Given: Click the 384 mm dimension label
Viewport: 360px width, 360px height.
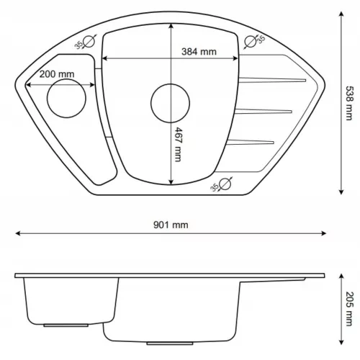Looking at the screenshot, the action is point(199,52).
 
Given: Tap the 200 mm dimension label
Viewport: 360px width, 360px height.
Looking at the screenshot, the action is point(57,74).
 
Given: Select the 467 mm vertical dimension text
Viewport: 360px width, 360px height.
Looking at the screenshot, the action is point(178,145).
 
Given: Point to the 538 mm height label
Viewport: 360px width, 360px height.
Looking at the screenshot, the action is point(349,103).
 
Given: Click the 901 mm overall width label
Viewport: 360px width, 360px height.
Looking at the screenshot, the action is point(171,225).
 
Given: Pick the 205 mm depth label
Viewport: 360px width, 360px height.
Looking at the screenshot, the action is point(349,309).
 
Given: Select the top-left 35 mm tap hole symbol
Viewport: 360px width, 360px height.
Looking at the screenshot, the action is point(88,41).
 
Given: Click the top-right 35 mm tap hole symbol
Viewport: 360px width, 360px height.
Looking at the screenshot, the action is point(251,41).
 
